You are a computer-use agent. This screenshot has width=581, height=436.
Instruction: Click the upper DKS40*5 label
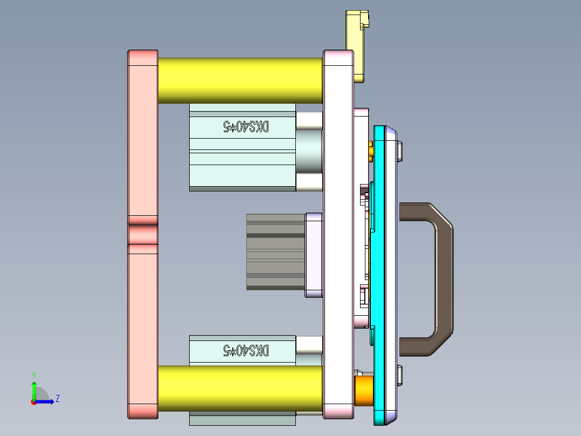point(246,127)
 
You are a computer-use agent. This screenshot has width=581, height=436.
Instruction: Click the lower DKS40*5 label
point(246,351)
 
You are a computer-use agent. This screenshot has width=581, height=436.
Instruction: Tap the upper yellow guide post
point(240,80)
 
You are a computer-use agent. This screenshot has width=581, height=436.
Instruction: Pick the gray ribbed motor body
point(275,251)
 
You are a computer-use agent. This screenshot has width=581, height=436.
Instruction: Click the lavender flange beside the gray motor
point(314,255)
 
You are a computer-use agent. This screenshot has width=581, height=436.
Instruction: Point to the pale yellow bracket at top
point(356,43)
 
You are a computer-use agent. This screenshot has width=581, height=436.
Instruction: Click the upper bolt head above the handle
point(400,151)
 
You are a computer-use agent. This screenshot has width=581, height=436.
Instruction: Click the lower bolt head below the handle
point(400,376)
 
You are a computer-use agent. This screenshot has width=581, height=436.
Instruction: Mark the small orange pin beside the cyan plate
point(371,151)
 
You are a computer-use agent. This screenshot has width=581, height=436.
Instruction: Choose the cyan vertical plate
point(384,270)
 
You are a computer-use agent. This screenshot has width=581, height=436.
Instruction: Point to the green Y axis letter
point(33,374)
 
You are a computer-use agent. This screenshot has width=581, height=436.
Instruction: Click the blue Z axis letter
point(57,399)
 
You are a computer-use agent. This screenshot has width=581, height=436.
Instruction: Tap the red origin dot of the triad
point(33,401)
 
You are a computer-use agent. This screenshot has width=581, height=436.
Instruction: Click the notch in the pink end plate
point(143,235)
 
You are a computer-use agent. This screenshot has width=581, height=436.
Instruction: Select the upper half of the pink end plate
point(143,135)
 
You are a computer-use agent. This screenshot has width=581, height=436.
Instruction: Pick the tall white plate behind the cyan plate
point(338,232)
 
